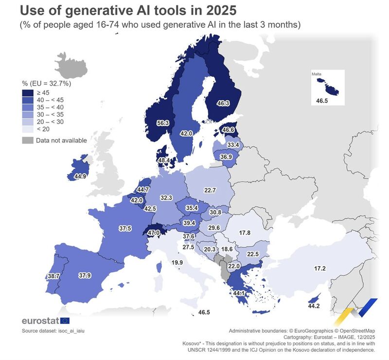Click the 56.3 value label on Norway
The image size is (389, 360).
[149, 123]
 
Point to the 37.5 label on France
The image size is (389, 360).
[126, 228]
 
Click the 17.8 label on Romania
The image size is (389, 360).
[245, 233]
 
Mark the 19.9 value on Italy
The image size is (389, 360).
[177, 263]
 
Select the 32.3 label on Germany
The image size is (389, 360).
[167, 198]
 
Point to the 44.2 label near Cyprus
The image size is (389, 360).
[314, 306]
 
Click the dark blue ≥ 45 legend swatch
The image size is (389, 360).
[28, 92]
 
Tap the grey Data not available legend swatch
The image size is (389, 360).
[28, 141]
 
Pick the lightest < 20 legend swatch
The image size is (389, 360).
[28, 129]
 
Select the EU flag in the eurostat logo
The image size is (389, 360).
[64, 320]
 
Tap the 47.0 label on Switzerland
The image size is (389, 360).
[154, 233]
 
